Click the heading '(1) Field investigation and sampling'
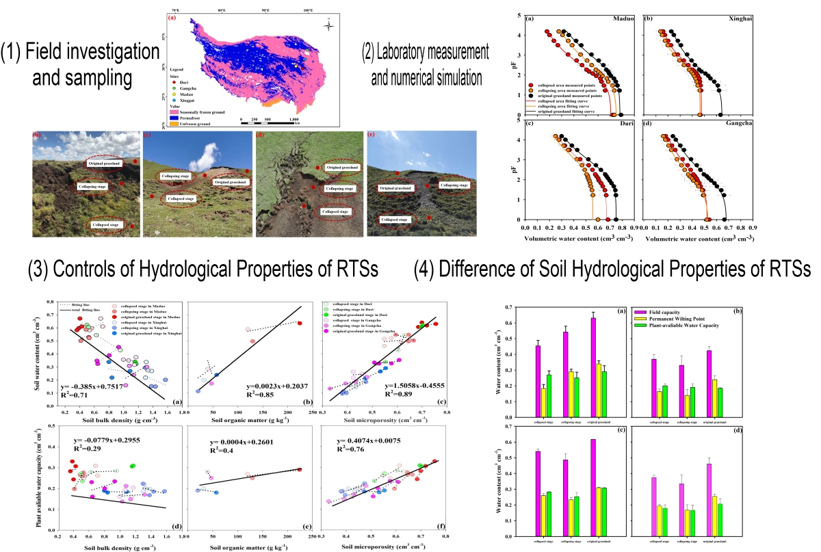tap(79, 64)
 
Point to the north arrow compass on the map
tap(329, 26)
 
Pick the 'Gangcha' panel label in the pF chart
tap(733, 124)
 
